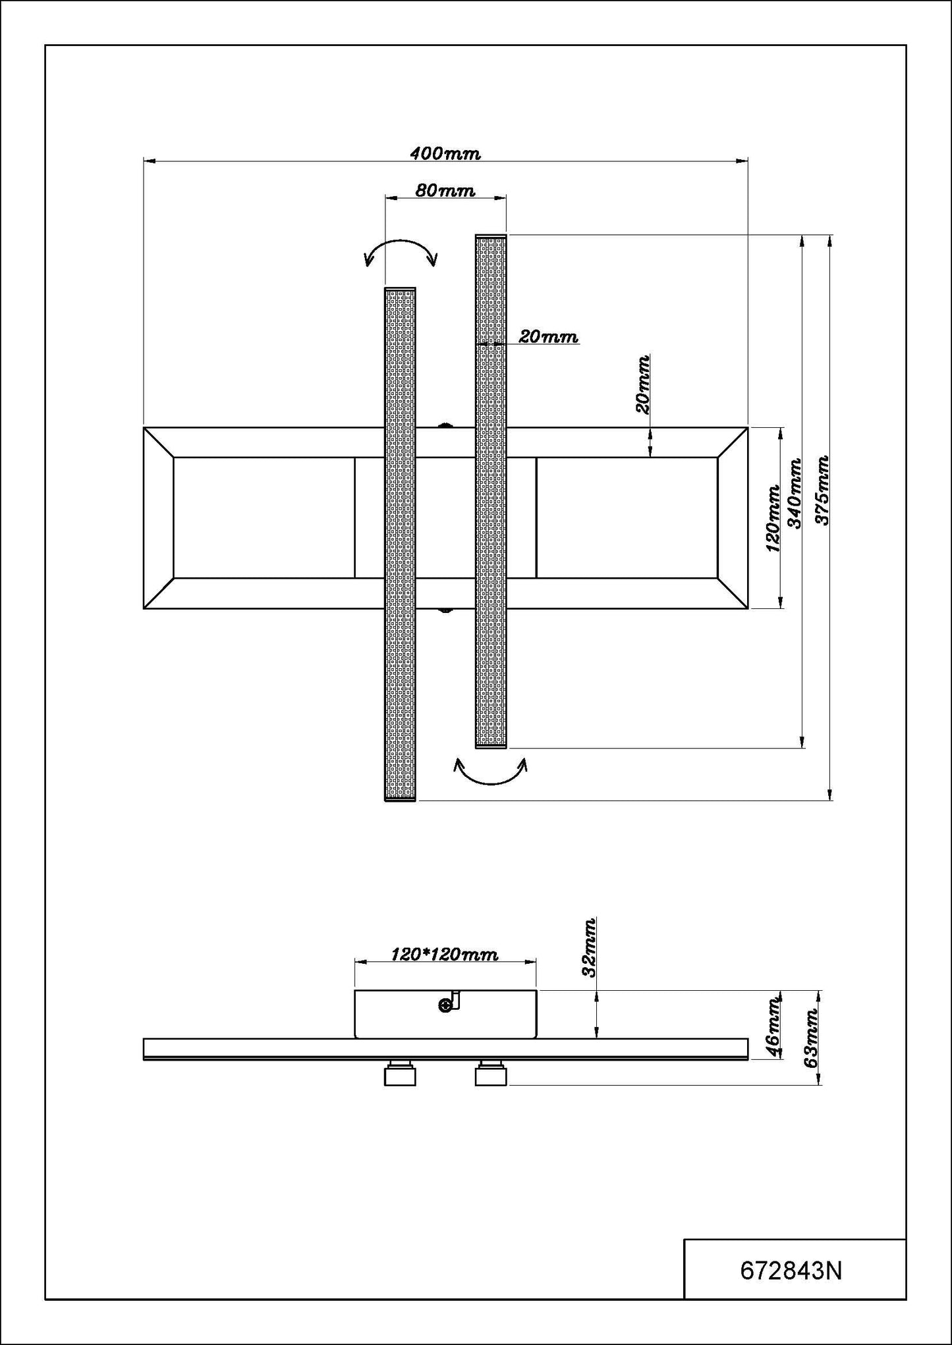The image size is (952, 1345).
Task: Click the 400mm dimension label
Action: (445, 154)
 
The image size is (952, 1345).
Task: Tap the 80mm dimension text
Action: (445, 191)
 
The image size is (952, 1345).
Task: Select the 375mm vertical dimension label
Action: (822, 490)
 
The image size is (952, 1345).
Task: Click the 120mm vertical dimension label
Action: (773, 518)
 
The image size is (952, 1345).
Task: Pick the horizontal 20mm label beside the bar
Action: (548, 337)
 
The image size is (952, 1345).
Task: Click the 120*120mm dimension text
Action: (445, 954)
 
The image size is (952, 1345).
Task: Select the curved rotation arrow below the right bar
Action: (491, 773)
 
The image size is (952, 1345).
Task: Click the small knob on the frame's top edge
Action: (445, 425)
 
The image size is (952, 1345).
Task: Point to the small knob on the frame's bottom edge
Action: (445, 610)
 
